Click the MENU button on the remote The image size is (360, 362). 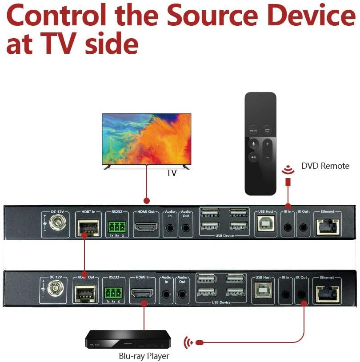tap(253, 131)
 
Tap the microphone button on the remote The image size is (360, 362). tap(253, 143)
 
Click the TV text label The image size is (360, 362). tap(172, 173)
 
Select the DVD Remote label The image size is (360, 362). tap(325, 166)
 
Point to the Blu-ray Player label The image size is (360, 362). tap(144, 356)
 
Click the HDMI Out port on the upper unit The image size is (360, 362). tap(146, 227)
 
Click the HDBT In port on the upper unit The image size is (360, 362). tap(88, 227)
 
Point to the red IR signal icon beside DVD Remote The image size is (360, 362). tap(288, 169)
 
